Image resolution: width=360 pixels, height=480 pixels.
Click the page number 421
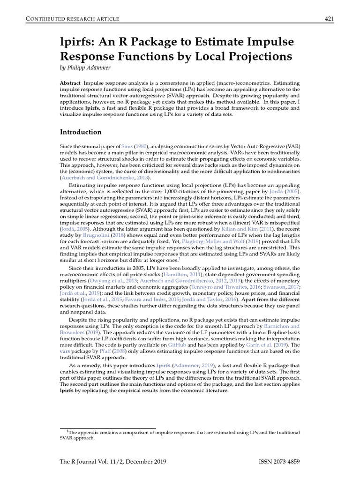[329, 18]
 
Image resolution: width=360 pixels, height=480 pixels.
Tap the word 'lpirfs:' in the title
[77, 42]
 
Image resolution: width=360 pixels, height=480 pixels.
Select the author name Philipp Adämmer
[93, 68]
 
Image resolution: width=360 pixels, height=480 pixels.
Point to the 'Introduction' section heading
[80, 132]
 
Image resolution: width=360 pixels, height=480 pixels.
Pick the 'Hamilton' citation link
[175, 273]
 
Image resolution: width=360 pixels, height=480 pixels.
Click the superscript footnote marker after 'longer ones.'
[180, 258]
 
